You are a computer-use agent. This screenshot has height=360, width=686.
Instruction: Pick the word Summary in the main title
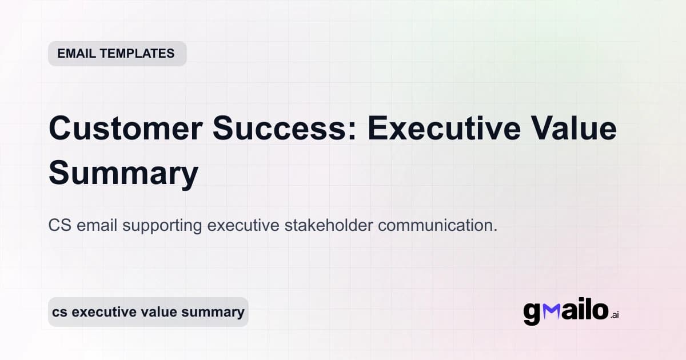(123, 173)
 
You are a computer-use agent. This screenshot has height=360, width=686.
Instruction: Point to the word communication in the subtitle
(437, 225)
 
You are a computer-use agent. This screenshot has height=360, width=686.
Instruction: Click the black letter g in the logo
(532, 313)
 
